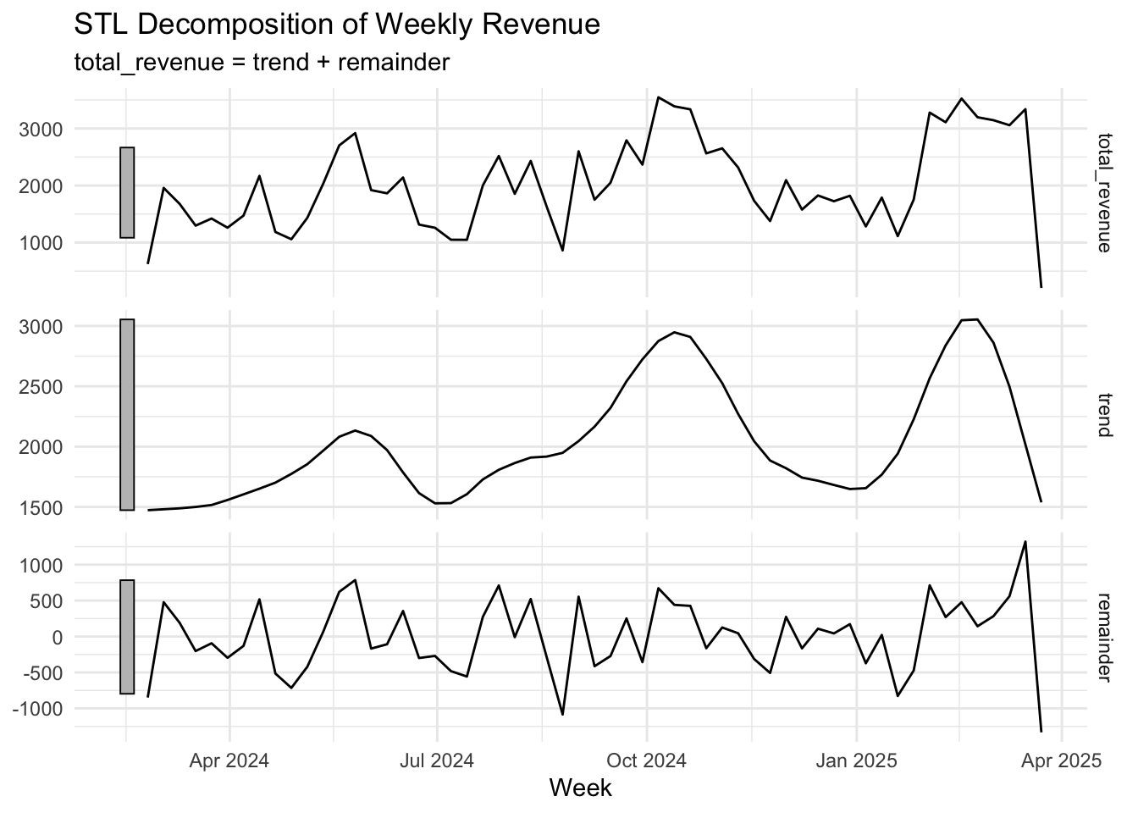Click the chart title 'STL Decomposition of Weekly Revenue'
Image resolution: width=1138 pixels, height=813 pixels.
337,25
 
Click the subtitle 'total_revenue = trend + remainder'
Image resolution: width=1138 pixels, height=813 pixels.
261,62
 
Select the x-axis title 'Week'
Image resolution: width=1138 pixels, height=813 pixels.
580,788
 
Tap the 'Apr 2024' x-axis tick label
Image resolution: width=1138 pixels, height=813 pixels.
229,760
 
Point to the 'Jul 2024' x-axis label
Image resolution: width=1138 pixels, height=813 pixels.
437,760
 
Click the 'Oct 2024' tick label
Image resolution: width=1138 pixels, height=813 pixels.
647,760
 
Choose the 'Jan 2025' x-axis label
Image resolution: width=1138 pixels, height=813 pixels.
856,760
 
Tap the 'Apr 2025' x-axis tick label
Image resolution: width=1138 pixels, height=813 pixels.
1062,760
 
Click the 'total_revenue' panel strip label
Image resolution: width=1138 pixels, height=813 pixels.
1103,192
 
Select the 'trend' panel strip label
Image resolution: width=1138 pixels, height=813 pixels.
1103,415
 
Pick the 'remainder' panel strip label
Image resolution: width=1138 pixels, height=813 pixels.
1103,636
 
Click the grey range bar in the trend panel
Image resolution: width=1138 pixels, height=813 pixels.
127,415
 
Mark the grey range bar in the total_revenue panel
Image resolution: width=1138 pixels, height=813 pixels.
127,192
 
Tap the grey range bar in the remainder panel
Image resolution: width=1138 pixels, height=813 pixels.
127,637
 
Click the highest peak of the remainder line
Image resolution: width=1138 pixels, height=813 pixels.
1025,541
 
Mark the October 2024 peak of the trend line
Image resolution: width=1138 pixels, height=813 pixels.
674,332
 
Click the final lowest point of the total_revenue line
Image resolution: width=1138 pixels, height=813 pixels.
1041,287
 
